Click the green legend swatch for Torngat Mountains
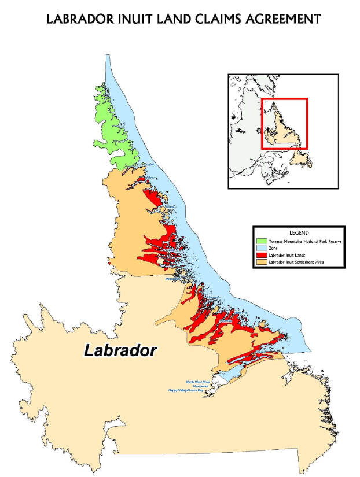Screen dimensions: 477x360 click(262, 240)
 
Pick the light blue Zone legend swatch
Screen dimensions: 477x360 click(262, 247)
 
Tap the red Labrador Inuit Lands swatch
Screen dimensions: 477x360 click(262, 255)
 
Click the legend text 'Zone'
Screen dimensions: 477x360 click(273, 247)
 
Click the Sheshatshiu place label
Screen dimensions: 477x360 click(197, 386)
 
